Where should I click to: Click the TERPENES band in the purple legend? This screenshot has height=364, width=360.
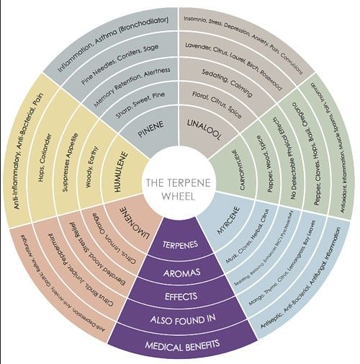pos(180,246)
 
